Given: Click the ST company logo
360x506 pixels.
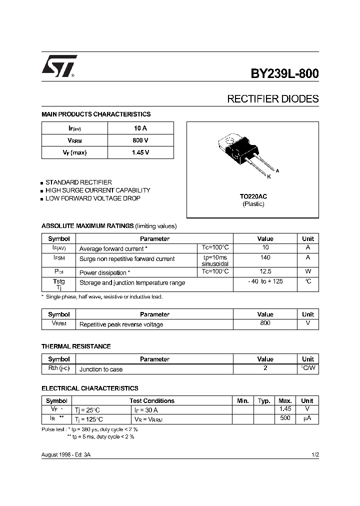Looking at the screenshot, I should [59, 66].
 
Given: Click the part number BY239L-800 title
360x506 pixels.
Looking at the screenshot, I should [284, 73].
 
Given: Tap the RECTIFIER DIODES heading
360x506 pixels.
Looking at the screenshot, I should [272, 99].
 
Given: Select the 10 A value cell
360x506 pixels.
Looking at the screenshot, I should [140, 128].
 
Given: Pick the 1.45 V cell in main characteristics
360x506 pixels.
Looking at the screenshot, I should [140, 152].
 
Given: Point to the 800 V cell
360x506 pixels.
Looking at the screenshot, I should [140, 140].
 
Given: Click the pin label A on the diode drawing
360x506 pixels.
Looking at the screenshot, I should [277, 171].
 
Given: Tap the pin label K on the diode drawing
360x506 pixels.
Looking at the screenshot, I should [268, 177].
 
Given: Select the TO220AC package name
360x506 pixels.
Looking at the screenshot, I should [253, 196].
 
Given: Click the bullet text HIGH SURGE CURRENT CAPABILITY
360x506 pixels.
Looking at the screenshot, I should [97, 190].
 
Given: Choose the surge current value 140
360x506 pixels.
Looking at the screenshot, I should [265, 258].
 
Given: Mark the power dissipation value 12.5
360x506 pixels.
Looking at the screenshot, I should [265, 271].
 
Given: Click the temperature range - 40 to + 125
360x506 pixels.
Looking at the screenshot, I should [265, 282].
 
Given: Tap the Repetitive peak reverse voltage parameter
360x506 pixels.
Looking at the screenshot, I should [121, 324].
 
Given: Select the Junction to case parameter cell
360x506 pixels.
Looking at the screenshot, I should [101, 369].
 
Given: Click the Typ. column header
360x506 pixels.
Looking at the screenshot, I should [264, 401].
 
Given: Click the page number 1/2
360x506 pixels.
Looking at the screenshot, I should [314, 454].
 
